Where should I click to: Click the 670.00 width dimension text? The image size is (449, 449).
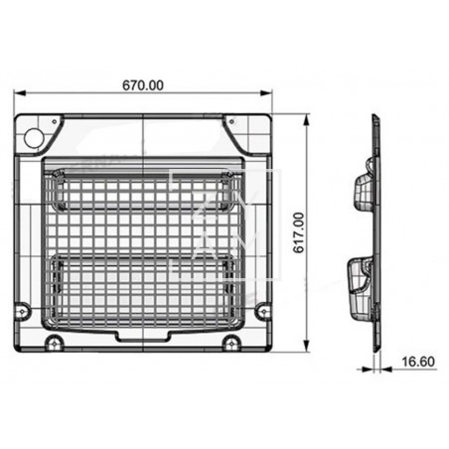(x=144, y=84)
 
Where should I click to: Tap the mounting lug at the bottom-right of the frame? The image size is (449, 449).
(x=230, y=343)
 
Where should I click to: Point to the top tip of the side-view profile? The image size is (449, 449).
(x=374, y=116)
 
